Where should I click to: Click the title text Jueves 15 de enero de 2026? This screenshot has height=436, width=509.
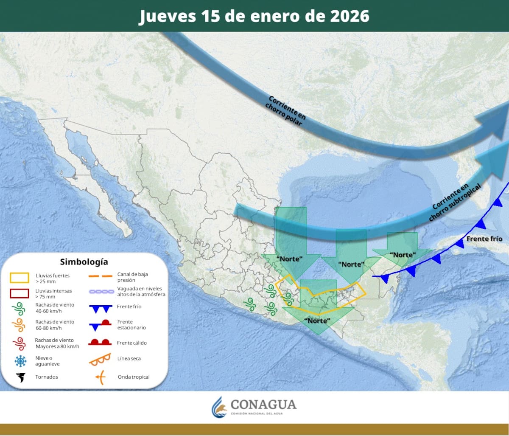click(x=254, y=16)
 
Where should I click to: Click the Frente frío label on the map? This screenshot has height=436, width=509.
click(x=484, y=239)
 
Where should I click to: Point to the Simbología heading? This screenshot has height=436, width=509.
click(x=84, y=262)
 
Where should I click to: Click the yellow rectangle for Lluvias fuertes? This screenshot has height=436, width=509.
click(x=20, y=278)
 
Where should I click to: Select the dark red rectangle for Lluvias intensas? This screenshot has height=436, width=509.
click(x=20, y=293)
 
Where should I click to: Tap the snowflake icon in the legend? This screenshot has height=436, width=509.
click(x=20, y=361)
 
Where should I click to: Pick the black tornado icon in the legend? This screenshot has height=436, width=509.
click(x=20, y=377)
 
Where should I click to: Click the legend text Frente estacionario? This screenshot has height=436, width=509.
click(x=131, y=325)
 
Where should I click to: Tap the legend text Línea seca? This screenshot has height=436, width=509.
click(x=129, y=359)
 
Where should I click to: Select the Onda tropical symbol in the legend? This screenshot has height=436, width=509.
click(x=100, y=377)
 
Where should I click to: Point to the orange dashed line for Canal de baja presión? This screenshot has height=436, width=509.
click(x=100, y=276)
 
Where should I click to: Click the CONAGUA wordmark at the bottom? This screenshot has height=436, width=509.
click(x=263, y=405)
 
